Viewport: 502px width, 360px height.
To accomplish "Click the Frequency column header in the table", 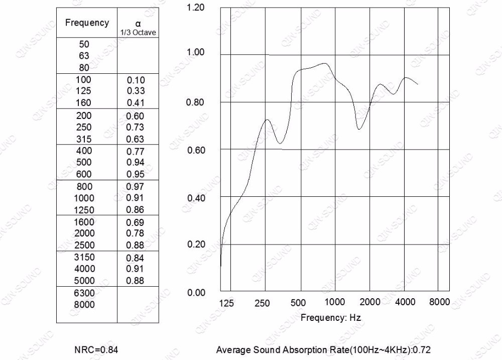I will click(87, 23).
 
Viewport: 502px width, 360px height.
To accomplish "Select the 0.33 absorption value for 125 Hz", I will click(136, 91).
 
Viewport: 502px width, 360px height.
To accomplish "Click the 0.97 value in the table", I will click(136, 187).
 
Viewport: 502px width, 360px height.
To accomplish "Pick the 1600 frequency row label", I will click(84, 222).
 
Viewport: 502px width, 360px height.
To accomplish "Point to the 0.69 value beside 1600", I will click(136, 222).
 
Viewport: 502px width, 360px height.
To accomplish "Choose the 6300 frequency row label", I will click(84, 293).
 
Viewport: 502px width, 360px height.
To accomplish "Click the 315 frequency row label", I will click(84, 139).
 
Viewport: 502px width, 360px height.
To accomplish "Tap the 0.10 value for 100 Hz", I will click(136, 80).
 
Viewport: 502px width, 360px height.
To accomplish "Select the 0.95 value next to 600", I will click(136, 174).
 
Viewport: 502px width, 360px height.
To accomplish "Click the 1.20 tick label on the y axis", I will click(195, 8).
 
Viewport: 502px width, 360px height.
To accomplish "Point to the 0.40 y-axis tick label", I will click(195, 197).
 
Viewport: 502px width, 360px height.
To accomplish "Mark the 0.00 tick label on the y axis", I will click(195, 292).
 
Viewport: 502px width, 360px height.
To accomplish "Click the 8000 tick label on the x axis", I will click(439, 302).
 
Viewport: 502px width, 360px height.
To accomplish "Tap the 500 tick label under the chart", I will click(298, 303).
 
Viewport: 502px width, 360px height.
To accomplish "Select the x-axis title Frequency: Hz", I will click(330, 318).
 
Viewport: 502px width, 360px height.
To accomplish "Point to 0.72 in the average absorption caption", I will click(423, 350).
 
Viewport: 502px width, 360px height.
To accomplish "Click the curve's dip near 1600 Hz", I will click(358, 129).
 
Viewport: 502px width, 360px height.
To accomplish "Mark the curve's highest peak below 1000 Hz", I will click(325, 63).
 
